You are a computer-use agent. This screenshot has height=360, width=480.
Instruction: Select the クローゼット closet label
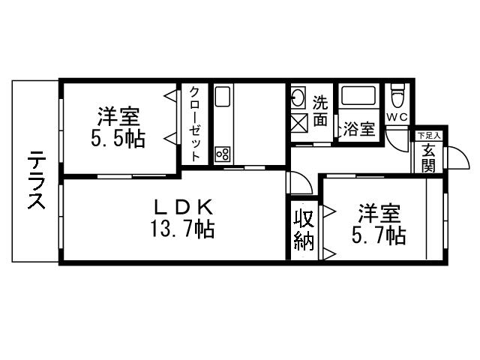click(x=194, y=124)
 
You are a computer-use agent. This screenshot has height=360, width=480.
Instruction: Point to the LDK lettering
click(x=185, y=206)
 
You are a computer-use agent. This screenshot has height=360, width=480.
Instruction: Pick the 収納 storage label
click(x=303, y=230)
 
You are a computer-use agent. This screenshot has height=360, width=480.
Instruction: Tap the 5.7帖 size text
click(x=379, y=236)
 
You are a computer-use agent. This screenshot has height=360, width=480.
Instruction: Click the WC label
click(x=397, y=117)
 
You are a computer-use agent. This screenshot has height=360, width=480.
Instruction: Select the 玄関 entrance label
click(x=428, y=157)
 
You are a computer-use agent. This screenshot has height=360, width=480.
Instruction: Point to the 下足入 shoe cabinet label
click(x=429, y=136)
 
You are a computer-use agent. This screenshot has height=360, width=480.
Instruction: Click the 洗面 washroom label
click(x=320, y=109)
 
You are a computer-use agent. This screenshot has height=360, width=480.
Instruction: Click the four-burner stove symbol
click(x=223, y=154)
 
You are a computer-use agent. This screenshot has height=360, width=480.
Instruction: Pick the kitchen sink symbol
click(x=223, y=98)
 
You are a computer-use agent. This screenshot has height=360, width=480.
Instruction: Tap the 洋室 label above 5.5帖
click(x=118, y=118)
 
